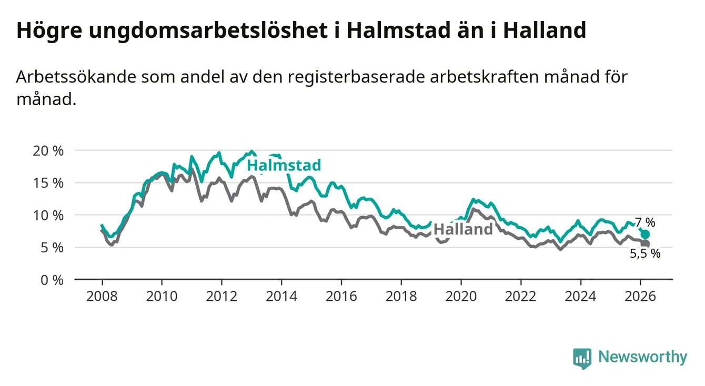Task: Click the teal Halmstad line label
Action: pos(284,166)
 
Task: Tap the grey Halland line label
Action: pos(463,229)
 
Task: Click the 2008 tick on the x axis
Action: pos(102,296)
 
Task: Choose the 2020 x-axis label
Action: pos(461,296)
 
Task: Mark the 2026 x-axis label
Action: pos(640,296)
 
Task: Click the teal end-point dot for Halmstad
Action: pos(645,235)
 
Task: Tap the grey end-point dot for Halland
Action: pos(645,244)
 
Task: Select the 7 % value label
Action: pos(645,222)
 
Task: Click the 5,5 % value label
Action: pos(644,254)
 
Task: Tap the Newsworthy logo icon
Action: pos(582,358)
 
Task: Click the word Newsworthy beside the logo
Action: pos(642,358)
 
